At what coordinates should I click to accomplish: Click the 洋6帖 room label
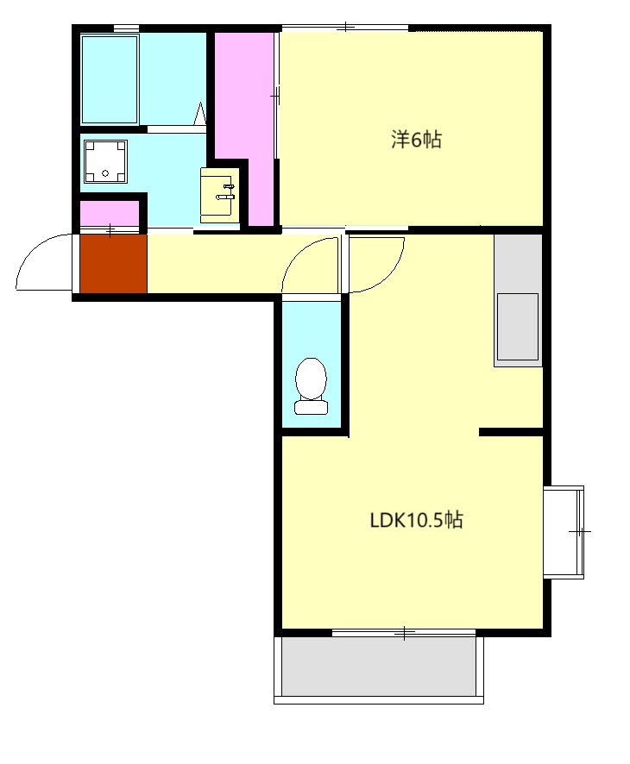416,140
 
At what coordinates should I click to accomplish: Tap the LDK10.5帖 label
416,520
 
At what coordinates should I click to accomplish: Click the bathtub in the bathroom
110,78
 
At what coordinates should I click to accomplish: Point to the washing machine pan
105,161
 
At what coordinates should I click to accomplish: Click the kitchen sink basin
517,327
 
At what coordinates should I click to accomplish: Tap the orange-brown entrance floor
113,264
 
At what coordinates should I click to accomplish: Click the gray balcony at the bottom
379,666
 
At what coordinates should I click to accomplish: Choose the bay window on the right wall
564,531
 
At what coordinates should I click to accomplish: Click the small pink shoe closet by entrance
110,213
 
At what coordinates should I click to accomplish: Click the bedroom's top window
345,27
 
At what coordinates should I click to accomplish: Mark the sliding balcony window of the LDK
404,633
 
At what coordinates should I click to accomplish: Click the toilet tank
311,407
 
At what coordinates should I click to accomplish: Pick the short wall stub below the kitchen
511,432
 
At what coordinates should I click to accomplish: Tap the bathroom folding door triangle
200,114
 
